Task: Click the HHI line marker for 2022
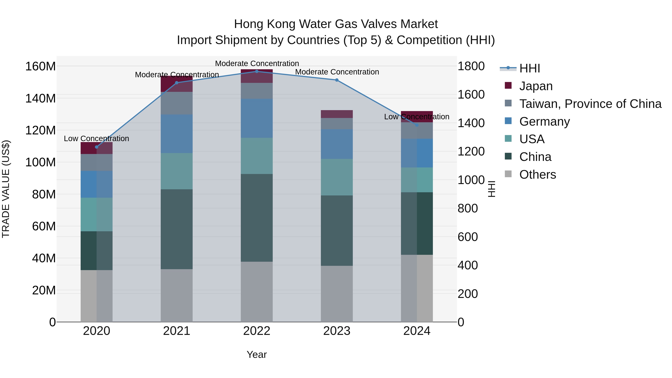[257, 71]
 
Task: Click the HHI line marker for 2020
[97, 147]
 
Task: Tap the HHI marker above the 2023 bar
[337, 80]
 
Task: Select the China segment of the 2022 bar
[257, 218]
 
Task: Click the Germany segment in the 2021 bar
[177, 134]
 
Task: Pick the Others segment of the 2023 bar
[337, 294]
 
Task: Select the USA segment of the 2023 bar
[337, 177]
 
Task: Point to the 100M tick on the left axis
[41, 162]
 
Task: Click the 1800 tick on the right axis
[471, 66]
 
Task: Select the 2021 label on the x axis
[177, 331]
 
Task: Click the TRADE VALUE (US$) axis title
[6, 189]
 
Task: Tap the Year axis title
[257, 354]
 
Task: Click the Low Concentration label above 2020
[96, 139]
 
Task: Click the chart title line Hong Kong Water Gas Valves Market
[336, 24]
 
